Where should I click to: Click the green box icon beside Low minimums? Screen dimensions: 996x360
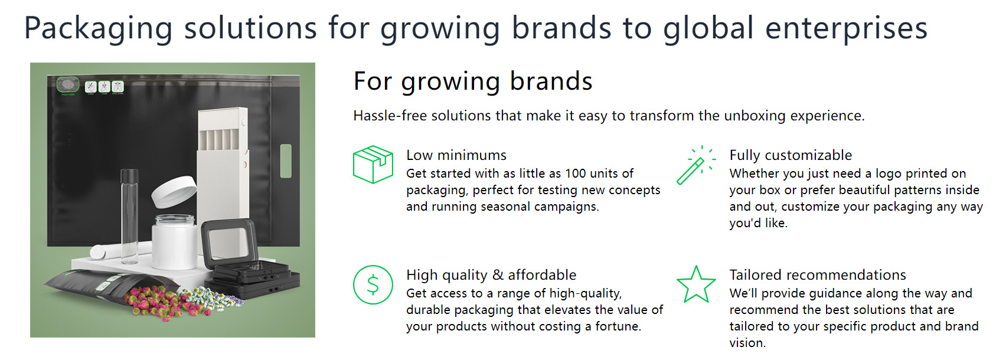373,165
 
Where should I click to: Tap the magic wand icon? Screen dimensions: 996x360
695,165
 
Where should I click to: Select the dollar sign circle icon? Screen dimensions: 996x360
373,285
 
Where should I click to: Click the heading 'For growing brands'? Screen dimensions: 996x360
473,81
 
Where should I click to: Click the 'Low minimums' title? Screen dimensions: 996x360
456,155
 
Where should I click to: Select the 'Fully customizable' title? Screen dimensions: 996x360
791,155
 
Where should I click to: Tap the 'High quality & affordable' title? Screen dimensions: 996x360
491,275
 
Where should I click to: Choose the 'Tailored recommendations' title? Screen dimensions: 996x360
817,275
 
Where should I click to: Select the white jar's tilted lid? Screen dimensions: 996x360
174,192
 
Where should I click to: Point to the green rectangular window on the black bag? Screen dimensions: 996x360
286,161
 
